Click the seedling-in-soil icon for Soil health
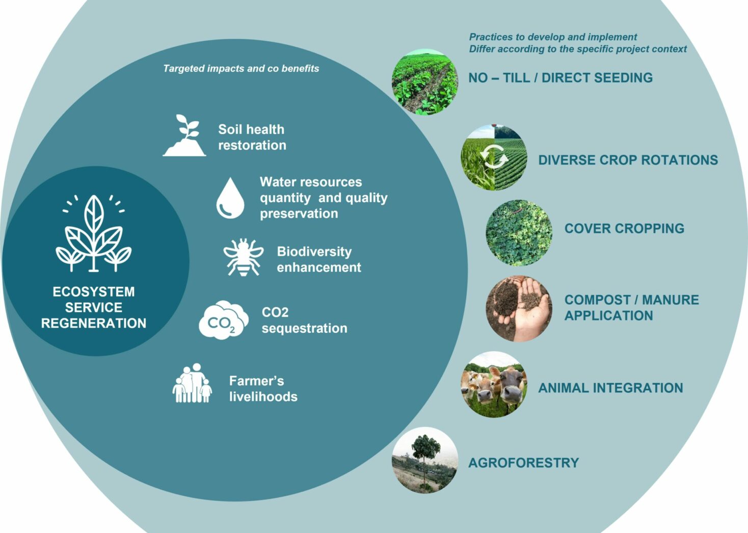click(184, 136)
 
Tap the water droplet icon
click(230, 198)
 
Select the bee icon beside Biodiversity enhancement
click(244, 257)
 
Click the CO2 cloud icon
click(223, 319)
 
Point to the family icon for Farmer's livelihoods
click(192, 383)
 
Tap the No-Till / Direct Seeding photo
click(424, 82)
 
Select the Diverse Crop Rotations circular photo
click(493, 157)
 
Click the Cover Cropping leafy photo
click(519, 232)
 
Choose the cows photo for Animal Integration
click(493, 385)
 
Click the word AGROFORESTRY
click(523, 463)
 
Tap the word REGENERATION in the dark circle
click(94, 323)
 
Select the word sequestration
click(304, 328)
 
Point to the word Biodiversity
click(314, 252)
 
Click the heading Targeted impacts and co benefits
click(241, 68)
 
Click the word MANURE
click(670, 300)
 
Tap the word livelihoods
click(263, 396)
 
